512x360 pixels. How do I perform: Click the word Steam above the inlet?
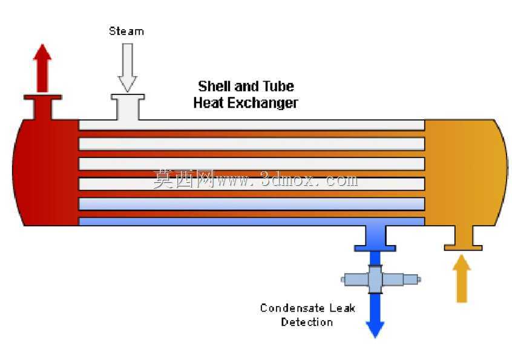pyautogui.click(x=126, y=31)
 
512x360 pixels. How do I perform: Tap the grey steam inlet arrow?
pyautogui.click(x=127, y=68)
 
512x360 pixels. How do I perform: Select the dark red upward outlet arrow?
pyautogui.click(x=42, y=68)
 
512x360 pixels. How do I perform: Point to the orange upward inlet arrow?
pyautogui.click(x=461, y=278)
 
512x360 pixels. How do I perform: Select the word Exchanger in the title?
pyautogui.click(x=263, y=103)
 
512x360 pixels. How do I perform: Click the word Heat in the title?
pyautogui.click(x=208, y=102)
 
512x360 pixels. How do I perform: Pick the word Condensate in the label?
pyautogui.click(x=292, y=308)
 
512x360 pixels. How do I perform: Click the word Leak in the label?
pyautogui.click(x=342, y=308)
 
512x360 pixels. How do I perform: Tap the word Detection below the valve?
pyautogui.click(x=307, y=322)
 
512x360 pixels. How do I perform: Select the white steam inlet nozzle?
pyautogui.click(x=128, y=107)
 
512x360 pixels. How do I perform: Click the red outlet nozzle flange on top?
pyautogui.click(x=43, y=97)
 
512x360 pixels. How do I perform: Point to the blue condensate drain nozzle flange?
pyautogui.click(x=375, y=249)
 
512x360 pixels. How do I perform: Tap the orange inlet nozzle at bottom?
pyautogui.click(x=463, y=238)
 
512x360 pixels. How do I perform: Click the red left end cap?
pyautogui.click(x=45, y=172)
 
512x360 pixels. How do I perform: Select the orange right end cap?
pyautogui.click(x=466, y=172)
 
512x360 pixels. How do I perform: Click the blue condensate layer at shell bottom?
pyautogui.click(x=251, y=221)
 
